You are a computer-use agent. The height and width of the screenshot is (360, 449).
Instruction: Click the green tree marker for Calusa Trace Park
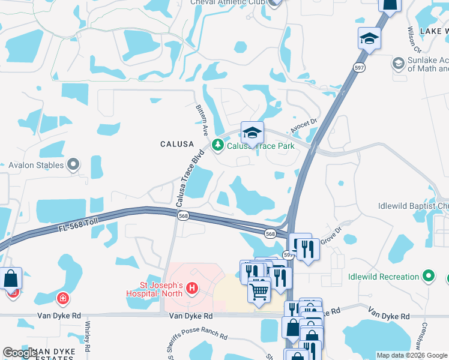tap(217, 145)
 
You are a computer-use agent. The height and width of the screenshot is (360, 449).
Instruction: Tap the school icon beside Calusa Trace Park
tap(253, 133)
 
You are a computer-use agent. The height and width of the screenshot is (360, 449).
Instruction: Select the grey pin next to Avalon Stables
tap(74, 164)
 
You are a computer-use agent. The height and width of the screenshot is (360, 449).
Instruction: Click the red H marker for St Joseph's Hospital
tap(192, 289)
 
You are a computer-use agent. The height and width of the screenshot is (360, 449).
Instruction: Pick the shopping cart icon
tap(259, 291)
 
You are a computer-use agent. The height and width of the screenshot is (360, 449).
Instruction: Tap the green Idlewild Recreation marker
tap(428, 277)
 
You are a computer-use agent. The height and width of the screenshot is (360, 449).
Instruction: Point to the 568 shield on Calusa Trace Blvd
tap(183, 216)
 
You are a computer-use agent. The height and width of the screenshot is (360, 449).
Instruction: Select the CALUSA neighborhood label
tap(176, 144)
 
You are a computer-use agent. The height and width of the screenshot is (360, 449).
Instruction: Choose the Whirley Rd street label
tap(88, 336)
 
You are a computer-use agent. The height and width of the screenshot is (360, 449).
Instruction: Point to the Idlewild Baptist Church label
tap(414, 206)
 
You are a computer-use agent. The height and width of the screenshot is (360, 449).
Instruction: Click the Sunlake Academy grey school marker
tap(398, 62)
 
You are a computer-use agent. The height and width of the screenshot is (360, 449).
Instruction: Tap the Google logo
tap(20, 353)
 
